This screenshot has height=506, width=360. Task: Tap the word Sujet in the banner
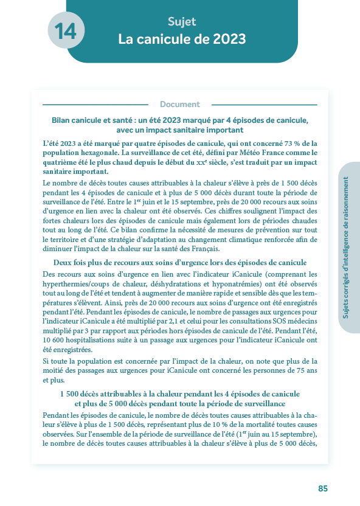click(182, 22)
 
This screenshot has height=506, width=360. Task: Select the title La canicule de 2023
click(182, 40)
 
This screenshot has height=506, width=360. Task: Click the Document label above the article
click(180, 104)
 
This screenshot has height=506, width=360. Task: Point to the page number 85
click(323, 488)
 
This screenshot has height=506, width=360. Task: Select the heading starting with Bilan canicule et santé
click(180, 120)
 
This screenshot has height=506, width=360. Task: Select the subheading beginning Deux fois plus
click(180, 262)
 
